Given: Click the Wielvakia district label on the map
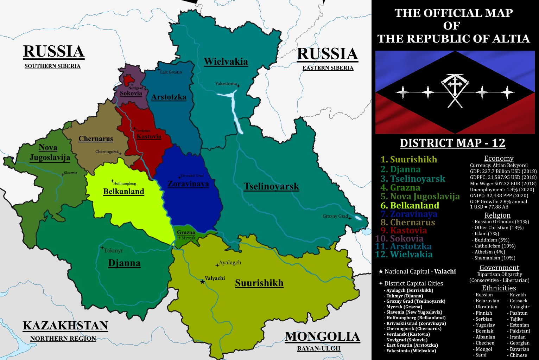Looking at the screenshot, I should [x=226, y=62].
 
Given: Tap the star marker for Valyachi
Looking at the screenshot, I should [x=202, y=282].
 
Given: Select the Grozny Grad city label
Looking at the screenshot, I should [x=335, y=216].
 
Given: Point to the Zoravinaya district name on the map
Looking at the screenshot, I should [x=188, y=184].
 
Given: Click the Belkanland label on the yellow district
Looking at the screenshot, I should [x=123, y=192].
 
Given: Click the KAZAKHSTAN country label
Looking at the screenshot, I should [x=65, y=326].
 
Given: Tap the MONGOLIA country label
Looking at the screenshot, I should [x=322, y=337].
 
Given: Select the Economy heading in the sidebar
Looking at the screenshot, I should [x=499, y=159].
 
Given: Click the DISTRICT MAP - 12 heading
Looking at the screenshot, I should [x=452, y=143].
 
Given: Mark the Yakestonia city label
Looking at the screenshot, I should [x=226, y=84].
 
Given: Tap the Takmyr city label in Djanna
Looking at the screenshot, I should [x=113, y=251].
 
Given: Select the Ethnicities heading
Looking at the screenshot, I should [x=499, y=288].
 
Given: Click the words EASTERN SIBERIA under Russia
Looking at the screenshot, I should [x=328, y=68].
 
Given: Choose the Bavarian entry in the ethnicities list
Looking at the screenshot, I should [x=519, y=349].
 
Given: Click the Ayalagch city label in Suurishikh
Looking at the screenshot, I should [x=230, y=263].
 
